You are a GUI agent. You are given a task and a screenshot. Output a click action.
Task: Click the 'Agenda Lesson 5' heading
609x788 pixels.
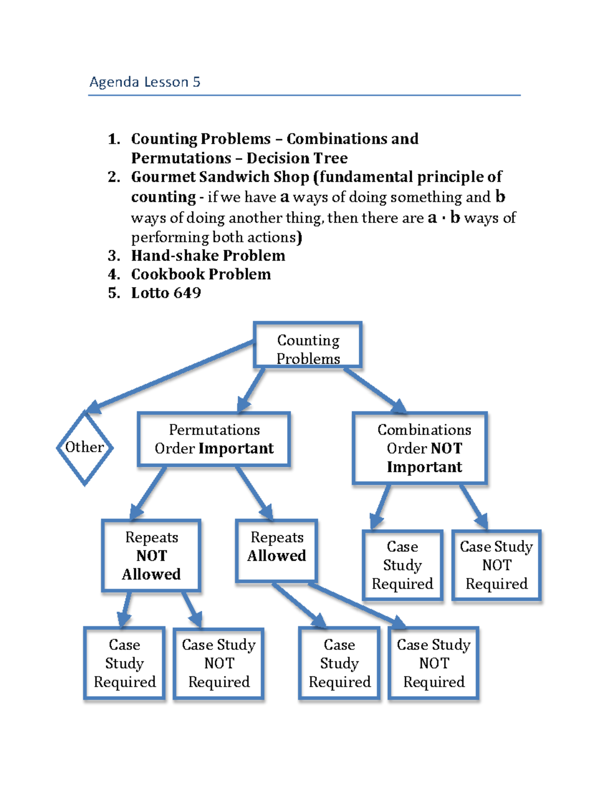coord(145,82)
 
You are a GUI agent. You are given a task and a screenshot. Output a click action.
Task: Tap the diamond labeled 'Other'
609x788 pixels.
coord(84,448)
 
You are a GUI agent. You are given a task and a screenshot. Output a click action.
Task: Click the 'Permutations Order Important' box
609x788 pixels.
coord(214,439)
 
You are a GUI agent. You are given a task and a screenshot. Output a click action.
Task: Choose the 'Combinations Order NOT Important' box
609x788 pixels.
coord(420,448)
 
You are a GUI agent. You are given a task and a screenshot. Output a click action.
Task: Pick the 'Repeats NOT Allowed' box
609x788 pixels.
coord(151,556)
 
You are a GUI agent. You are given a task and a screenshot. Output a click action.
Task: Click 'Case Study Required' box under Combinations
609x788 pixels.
coord(402,565)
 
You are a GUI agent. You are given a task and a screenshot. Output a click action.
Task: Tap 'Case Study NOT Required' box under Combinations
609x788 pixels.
coord(496,565)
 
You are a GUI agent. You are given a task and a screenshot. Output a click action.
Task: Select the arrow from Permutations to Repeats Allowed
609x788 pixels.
coord(254,492)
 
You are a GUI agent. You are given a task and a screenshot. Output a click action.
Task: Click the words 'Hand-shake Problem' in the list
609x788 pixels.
coord(208,255)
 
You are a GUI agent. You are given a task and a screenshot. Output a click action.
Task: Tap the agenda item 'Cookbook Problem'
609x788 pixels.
coord(201,274)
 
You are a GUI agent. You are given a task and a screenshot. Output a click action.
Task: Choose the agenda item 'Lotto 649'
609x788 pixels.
coord(166,293)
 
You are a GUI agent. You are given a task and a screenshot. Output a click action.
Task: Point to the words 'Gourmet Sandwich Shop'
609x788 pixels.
coord(220,177)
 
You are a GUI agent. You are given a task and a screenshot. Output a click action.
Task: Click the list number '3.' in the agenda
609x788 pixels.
coord(114,255)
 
